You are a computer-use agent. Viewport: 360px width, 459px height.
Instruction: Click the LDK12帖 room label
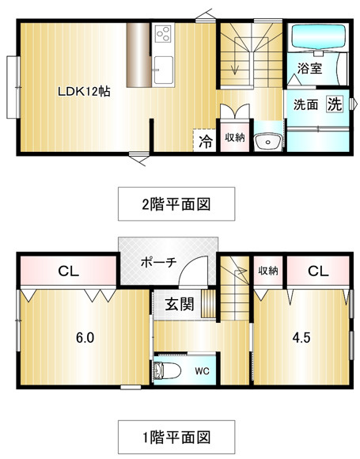click(84, 92)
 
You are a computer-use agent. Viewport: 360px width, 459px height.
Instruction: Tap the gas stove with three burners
click(163, 34)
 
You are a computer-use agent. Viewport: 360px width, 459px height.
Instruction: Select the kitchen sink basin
click(163, 70)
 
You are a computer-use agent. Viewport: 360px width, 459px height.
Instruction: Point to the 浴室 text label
click(309, 68)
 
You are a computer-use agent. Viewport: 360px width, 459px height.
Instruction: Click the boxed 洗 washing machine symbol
click(335, 104)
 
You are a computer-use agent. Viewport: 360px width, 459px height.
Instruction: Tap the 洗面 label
click(306, 104)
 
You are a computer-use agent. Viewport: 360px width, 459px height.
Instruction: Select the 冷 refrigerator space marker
click(205, 142)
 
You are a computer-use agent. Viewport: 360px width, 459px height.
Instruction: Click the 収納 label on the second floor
click(235, 138)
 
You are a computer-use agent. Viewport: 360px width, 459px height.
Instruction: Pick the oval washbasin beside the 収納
click(267, 142)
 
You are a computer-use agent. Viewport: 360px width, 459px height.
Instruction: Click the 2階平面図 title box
click(176, 203)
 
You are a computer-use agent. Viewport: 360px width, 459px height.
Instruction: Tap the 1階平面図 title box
click(176, 438)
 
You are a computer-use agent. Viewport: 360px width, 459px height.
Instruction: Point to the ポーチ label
click(158, 262)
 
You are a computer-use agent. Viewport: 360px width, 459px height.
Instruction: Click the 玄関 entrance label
click(180, 304)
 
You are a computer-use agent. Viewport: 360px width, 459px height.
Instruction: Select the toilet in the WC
click(166, 370)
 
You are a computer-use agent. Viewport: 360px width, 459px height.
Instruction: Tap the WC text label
click(203, 371)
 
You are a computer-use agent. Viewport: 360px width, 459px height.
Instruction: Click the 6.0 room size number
click(85, 338)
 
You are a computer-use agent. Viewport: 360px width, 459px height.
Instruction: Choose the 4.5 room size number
click(301, 338)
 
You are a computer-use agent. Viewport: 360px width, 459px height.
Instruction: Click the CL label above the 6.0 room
click(69, 271)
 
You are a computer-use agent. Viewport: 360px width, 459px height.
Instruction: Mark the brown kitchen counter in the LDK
click(138, 55)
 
